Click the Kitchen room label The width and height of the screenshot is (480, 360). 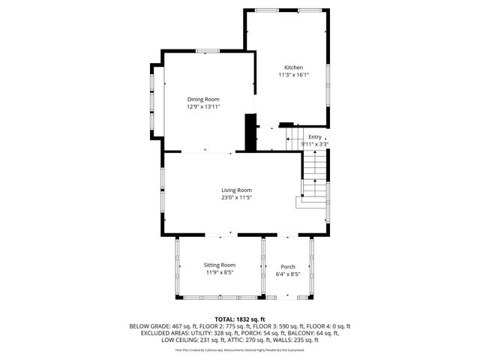[293, 67]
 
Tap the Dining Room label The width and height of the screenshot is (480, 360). [203, 99]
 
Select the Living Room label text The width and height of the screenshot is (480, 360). [236, 190]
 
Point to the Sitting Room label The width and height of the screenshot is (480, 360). [220, 265]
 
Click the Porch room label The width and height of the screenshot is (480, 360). [288, 267]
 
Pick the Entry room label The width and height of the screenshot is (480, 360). [314, 136]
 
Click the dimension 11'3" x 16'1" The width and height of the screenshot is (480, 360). [293, 75]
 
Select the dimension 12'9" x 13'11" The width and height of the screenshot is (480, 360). [203, 106]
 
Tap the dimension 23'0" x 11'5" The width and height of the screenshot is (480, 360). [236, 198]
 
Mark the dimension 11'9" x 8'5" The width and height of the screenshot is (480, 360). [220, 272]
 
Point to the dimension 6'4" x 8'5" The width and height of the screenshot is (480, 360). [288, 274]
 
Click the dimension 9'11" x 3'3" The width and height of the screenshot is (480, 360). [315, 144]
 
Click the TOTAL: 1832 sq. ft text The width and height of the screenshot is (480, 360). [240, 319]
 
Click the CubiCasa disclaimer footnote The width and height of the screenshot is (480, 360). [240, 349]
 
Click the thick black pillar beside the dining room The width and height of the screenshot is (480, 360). [251, 132]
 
